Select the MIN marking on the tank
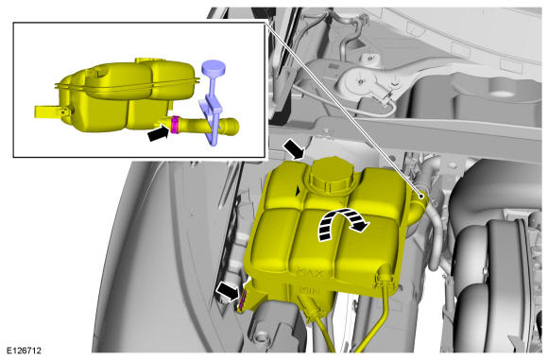[309, 290]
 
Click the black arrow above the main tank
[294, 149]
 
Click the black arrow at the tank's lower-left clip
[228, 291]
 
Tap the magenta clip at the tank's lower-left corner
[242, 300]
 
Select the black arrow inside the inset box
[159, 133]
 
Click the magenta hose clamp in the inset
[175, 125]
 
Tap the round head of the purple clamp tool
[214, 68]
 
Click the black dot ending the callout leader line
[422, 197]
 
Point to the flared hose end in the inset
[230, 127]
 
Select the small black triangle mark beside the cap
[299, 191]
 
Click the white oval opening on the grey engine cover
[503, 93]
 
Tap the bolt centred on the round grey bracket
[360, 82]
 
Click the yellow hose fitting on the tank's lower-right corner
[383, 276]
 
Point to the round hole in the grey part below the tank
[260, 337]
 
